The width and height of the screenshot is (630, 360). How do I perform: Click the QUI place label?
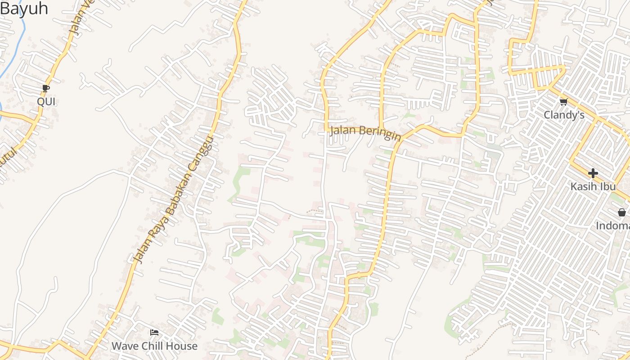(46, 102)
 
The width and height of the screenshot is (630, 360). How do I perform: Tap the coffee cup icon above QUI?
(45, 88)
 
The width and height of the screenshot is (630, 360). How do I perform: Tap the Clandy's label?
(564, 115)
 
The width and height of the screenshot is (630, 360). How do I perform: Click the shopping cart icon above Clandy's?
(563, 102)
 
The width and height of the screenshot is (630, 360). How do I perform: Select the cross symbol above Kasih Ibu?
(593, 173)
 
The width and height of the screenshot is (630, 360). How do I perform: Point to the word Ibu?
(606, 186)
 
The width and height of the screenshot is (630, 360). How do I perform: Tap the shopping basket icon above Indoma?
(621, 212)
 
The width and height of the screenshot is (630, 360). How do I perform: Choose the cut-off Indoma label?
(613, 226)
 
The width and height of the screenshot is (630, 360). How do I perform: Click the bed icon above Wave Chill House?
(154, 333)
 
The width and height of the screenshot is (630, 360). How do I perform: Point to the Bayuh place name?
(23, 9)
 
